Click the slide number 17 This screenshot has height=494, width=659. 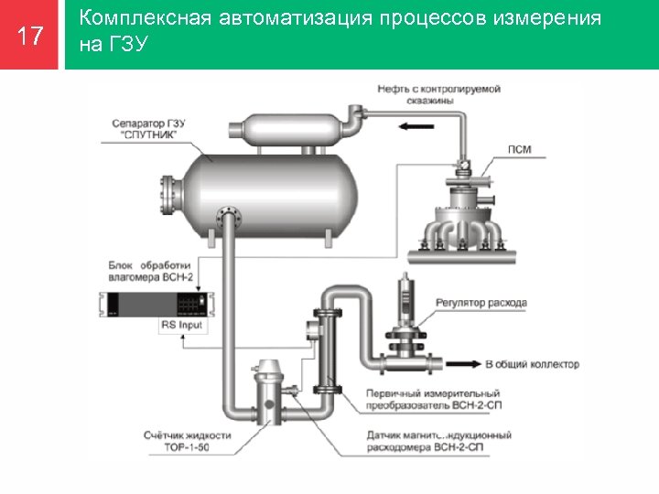30,36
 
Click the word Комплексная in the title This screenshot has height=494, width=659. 134,18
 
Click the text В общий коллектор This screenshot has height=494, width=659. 532,364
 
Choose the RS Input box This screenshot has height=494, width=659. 182,325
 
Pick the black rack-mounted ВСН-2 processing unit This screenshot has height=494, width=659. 152,304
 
